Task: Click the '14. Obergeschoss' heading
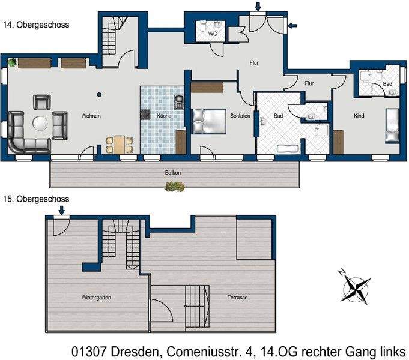(36, 25)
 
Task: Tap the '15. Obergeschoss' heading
(36, 199)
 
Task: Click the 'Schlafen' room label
(240, 116)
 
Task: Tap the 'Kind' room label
(359, 116)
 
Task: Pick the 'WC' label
(213, 34)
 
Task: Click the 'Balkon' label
(173, 173)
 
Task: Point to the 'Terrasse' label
(238, 297)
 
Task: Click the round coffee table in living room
(41, 123)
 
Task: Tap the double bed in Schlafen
(207, 120)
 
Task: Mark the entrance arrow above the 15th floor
(61, 209)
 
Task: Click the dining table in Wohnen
(119, 144)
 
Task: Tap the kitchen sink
(178, 100)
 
